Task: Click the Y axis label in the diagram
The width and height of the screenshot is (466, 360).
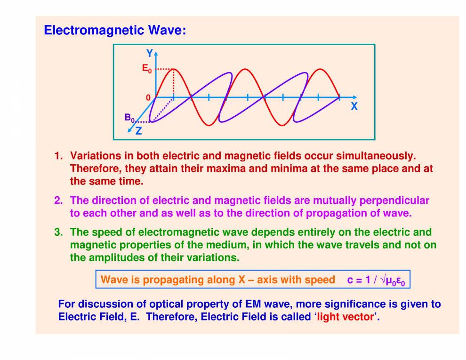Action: (149, 54)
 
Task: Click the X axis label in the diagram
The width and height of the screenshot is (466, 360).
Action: (354, 107)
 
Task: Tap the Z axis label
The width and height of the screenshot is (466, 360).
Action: (138, 132)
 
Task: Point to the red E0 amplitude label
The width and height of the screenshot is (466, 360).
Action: (147, 69)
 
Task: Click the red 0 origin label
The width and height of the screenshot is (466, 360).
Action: (148, 97)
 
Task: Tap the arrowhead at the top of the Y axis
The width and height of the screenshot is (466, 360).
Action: (156, 51)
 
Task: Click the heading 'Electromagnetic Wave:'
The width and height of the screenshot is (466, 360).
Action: (115, 31)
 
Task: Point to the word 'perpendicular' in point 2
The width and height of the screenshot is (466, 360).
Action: (394, 200)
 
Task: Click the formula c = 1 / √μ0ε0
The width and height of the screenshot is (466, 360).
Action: (376, 280)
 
